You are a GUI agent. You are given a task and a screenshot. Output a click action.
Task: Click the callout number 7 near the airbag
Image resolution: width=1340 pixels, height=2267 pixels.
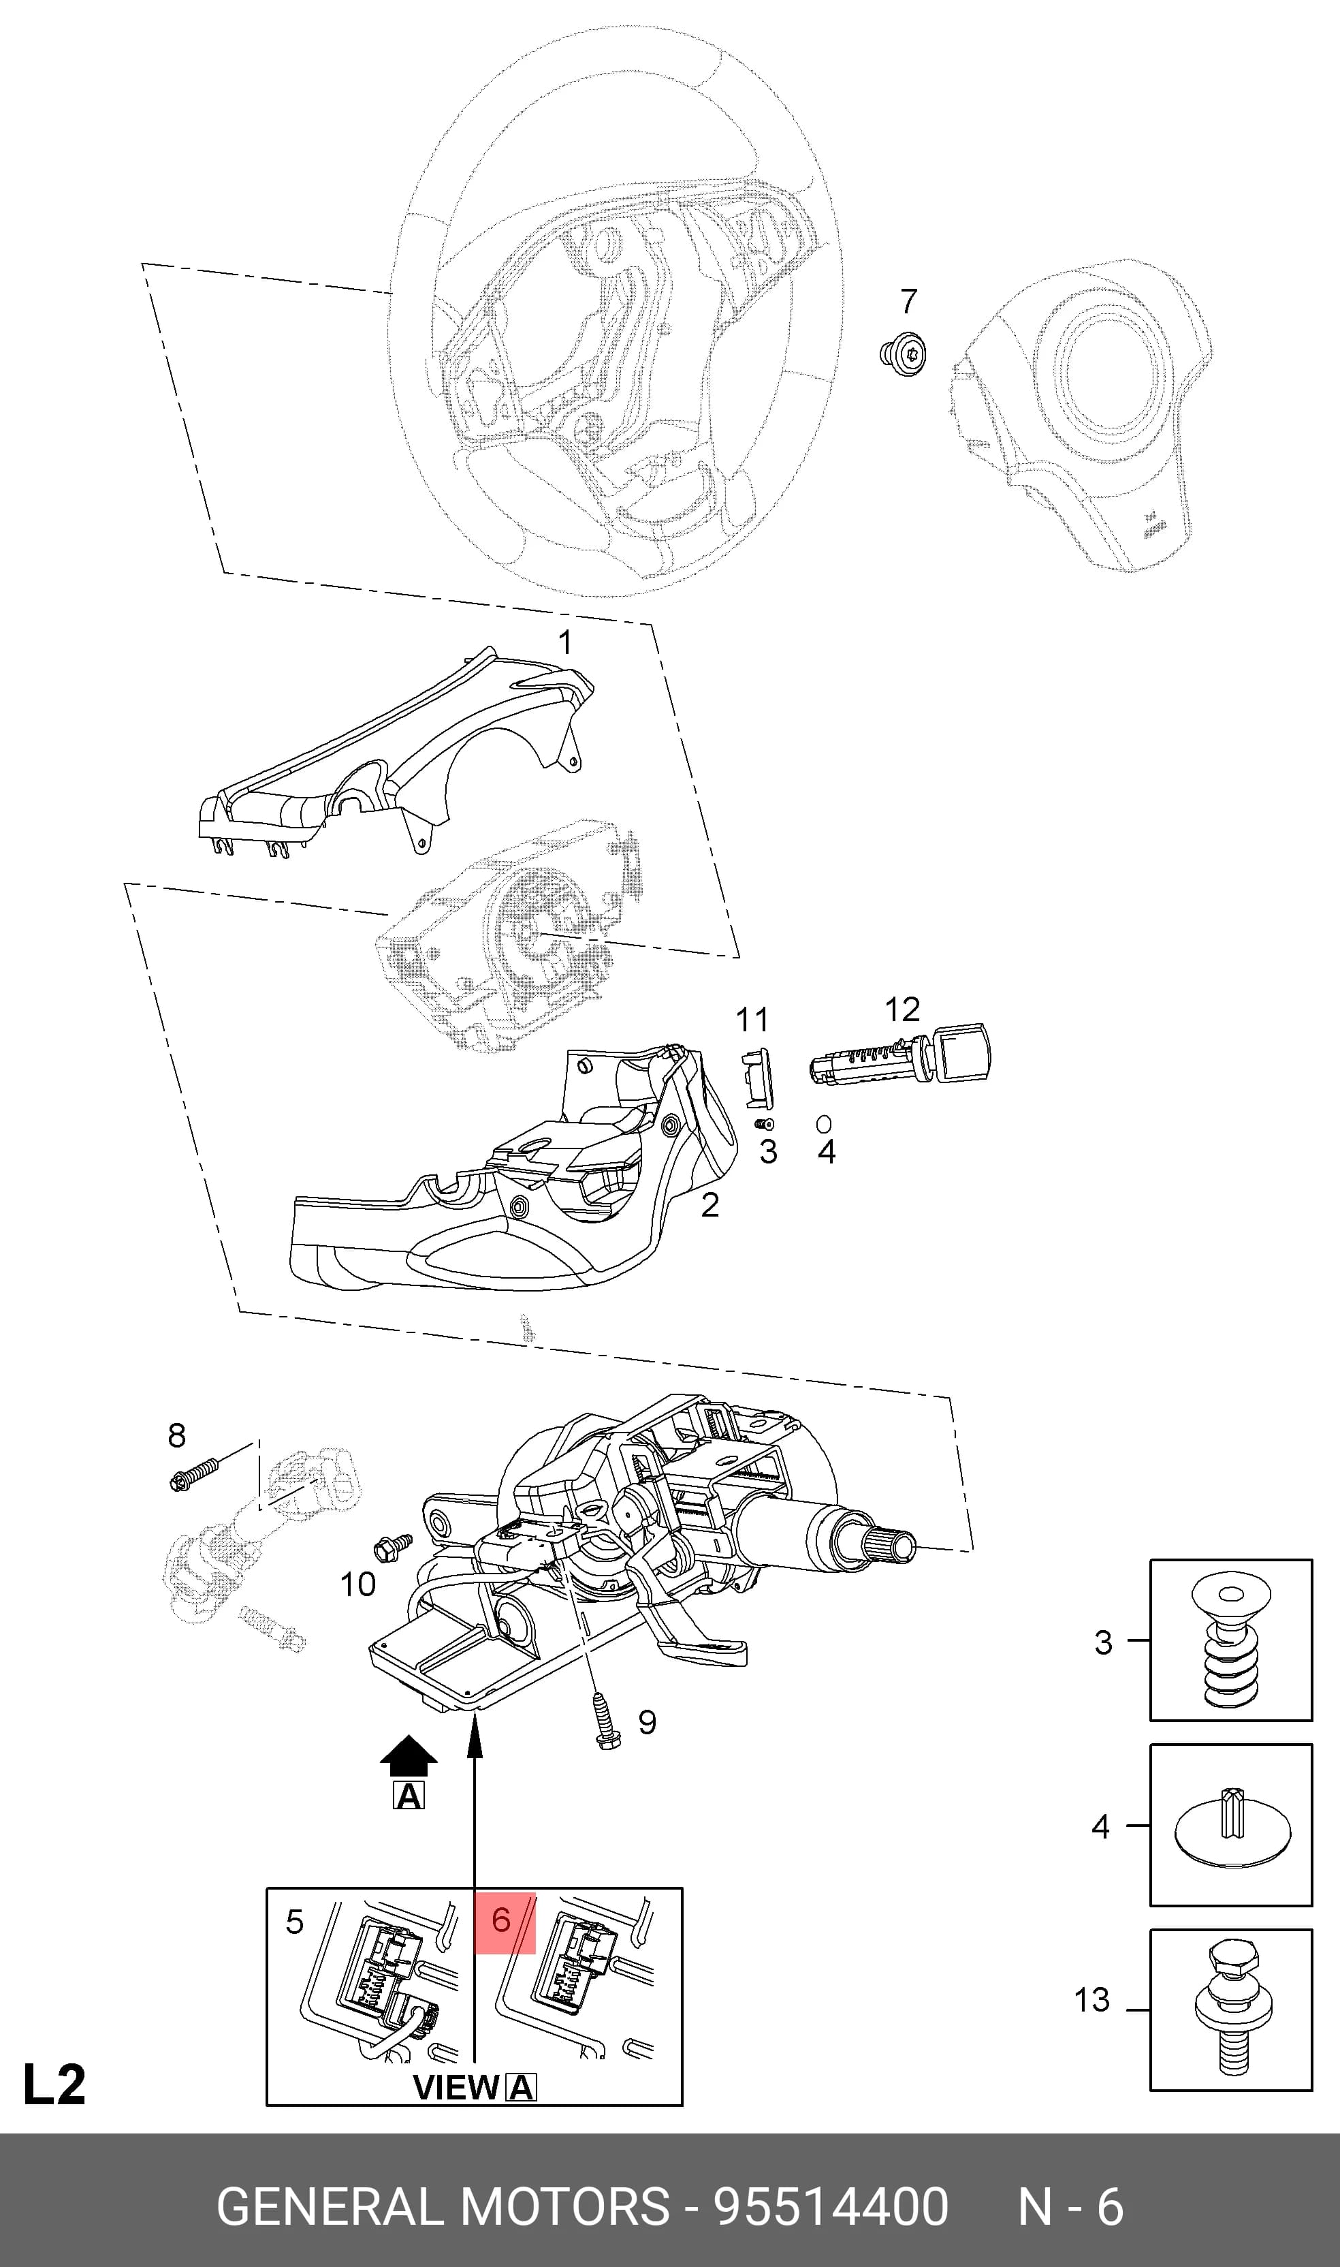pos(909,301)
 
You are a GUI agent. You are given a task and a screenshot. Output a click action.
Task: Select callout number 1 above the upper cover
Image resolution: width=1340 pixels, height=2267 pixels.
pos(565,642)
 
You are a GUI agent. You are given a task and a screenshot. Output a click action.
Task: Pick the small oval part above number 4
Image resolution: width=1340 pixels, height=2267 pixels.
pos(823,1123)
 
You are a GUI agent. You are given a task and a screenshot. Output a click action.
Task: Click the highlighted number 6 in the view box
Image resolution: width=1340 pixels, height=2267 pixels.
pos(502,1920)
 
